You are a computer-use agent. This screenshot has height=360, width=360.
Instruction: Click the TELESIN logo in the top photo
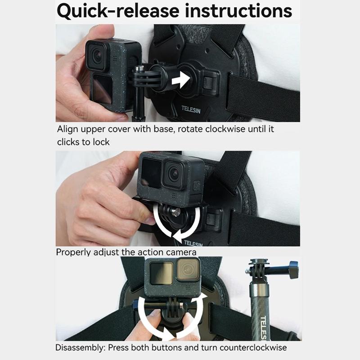pyautogui.click(x=191, y=109)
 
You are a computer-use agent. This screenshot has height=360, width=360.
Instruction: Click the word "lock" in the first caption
pyautogui.click(x=101, y=142)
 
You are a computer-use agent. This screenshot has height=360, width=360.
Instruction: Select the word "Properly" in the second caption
pyautogui.click(x=72, y=252)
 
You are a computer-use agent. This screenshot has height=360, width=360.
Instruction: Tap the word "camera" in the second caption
pyautogui.click(x=180, y=252)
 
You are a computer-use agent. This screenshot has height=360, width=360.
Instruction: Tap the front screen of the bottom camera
pyautogui.click(x=161, y=273)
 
